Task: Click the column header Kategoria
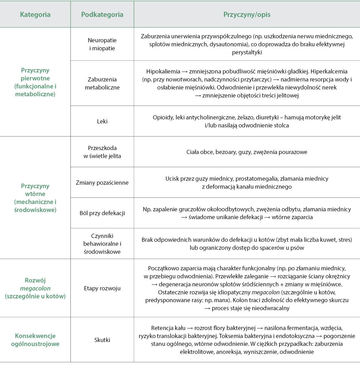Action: [35, 15]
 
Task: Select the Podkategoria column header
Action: [102, 15]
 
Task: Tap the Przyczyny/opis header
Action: [247, 15]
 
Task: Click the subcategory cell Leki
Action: [102, 121]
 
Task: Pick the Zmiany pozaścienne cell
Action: [102, 182]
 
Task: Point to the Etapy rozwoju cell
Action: [102, 288]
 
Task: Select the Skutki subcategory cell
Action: [102, 340]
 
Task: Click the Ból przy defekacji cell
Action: [102, 213]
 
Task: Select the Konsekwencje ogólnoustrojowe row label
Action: [35, 340]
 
